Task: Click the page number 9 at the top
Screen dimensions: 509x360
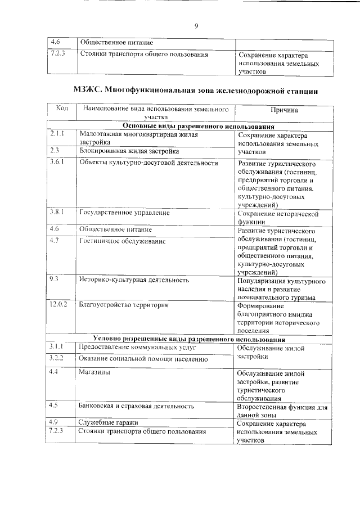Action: click(196, 26)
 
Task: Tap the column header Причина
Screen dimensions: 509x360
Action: click(283, 110)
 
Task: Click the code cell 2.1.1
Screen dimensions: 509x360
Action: click(57, 134)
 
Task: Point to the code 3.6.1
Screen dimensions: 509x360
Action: click(57, 162)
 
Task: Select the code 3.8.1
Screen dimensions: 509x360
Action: click(57, 212)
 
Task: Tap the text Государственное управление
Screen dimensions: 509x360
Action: click(124, 213)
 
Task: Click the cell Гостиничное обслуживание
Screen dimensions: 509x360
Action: click(122, 241)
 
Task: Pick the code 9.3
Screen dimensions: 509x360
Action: click(54, 278)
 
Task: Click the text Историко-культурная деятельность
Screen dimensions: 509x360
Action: click(134, 279)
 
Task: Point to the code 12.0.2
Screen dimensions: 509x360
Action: click(58, 304)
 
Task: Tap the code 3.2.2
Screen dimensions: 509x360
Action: click(57, 358)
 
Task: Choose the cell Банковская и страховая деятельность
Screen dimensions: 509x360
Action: click(137, 405)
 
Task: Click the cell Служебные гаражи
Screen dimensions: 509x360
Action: click(109, 422)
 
